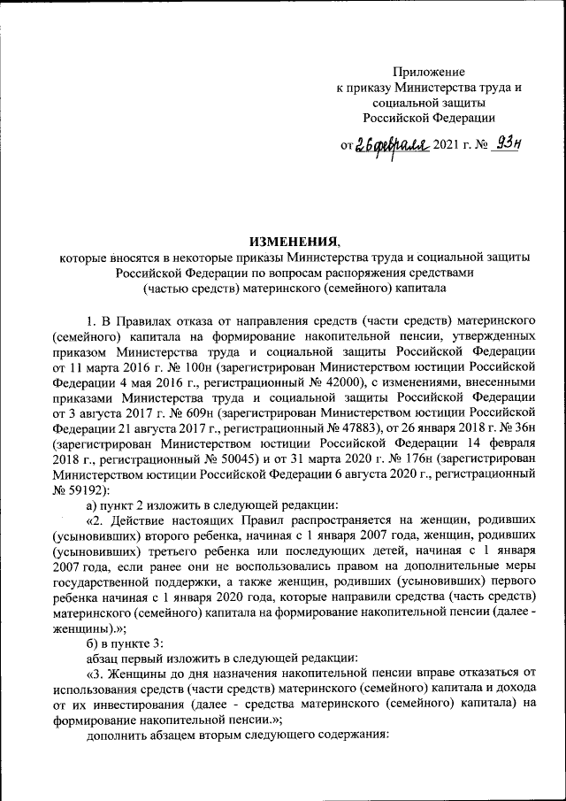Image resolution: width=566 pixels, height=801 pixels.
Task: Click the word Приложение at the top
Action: point(428,72)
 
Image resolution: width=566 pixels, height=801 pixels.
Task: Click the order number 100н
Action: point(181,365)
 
